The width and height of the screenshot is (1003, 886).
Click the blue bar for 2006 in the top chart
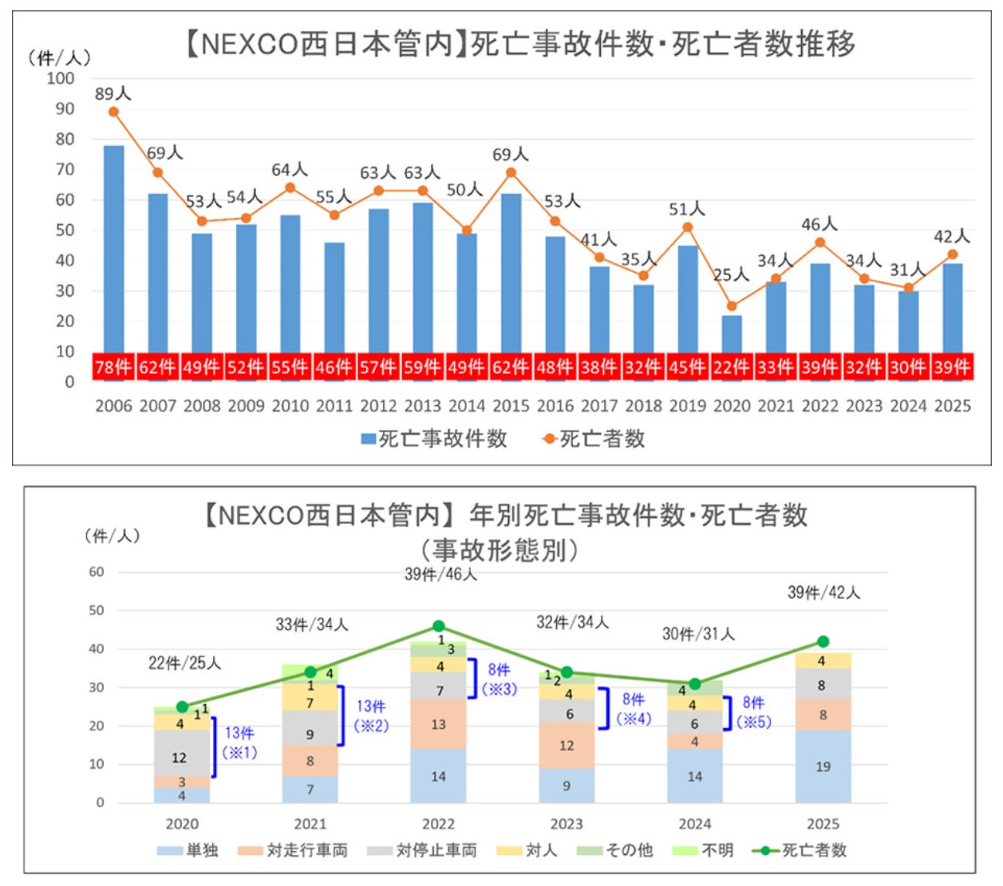pyautogui.click(x=113, y=247)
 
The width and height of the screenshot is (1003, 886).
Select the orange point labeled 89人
pyautogui.click(x=113, y=112)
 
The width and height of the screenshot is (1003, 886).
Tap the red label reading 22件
pyautogui.click(x=732, y=367)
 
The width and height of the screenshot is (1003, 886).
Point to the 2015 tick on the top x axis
pyautogui.click(x=511, y=406)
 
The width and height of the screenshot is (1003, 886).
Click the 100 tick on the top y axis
pyautogui.click(x=61, y=78)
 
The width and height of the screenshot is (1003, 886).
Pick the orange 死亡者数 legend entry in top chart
pyautogui.click(x=594, y=439)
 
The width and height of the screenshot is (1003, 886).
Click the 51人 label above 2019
pyautogui.click(x=686, y=209)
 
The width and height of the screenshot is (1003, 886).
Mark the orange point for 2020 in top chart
pyautogui.click(x=732, y=305)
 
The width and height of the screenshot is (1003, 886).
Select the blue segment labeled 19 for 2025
pyautogui.click(x=823, y=766)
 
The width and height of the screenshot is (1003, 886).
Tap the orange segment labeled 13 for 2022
pyautogui.click(x=438, y=724)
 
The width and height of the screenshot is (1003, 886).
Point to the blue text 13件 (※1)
pyautogui.click(x=239, y=742)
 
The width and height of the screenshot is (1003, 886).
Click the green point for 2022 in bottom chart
pyautogui.click(x=438, y=626)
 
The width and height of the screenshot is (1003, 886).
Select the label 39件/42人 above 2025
pyautogui.click(x=823, y=593)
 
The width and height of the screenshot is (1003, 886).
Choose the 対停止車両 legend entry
pyautogui.click(x=422, y=850)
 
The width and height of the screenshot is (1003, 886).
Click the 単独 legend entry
pyautogui.click(x=188, y=850)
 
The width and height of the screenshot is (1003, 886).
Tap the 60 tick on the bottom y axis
pyautogui.click(x=96, y=572)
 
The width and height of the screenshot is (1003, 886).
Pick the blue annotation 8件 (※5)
pyautogui.click(x=753, y=712)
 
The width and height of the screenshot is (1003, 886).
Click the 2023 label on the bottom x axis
pyautogui.click(x=567, y=824)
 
